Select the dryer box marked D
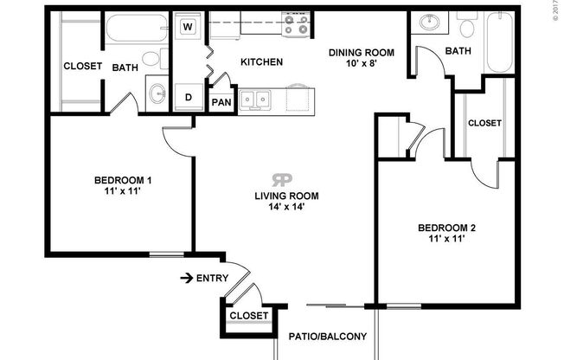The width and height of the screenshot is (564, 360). point(188,96)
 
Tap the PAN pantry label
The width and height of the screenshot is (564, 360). point(221,102)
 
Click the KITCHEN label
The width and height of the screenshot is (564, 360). point(260,62)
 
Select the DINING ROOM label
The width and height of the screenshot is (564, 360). point(362,52)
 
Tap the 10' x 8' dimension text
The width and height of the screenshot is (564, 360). point(362,64)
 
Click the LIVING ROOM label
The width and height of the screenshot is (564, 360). point(282,195)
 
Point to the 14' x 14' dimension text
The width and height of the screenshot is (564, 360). point(282,207)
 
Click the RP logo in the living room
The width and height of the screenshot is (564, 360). point(282,179)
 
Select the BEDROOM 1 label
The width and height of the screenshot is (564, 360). point(123,180)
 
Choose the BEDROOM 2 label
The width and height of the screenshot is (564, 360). point(447,228)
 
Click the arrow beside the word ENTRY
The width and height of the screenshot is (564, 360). point(185,278)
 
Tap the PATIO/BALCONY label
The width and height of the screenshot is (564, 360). point(328,337)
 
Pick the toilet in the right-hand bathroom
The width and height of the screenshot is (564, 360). point(467,28)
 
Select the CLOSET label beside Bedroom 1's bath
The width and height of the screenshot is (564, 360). point(83,66)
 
